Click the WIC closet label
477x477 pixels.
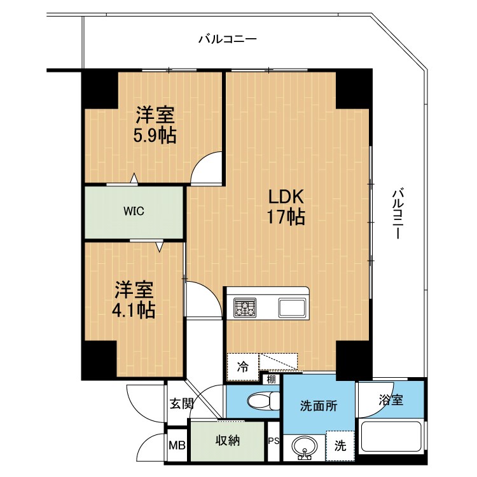tap(134, 211)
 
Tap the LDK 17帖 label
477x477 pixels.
tap(286, 207)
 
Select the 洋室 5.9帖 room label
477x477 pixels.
tap(155, 125)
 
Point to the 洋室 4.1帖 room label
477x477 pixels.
tap(134, 300)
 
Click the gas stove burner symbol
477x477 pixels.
tap(245, 307)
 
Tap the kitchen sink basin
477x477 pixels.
tap(292, 308)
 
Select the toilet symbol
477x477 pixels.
tap(264, 401)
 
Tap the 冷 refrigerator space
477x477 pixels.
tap(243, 367)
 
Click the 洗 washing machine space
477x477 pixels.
tap(340, 446)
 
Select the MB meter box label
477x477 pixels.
tap(177, 446)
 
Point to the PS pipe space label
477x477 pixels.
tap(273, 441)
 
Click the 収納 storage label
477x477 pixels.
tap(228, 441)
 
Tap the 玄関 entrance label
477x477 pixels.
tap(181, 404)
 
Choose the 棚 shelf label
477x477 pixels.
tap(271, 379)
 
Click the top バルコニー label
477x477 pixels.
tap(228, 39)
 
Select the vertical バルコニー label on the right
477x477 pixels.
tap(398, 214)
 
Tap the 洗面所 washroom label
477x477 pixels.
tap(319, 406)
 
